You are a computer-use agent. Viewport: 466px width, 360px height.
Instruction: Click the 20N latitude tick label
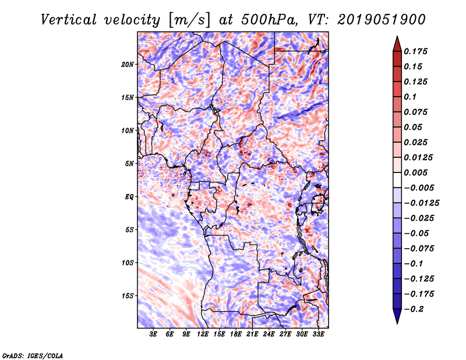pyautogui.click(x=128, y=64)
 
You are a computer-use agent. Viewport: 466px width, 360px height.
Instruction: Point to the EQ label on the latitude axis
pyautogui.click(x=130, y=197)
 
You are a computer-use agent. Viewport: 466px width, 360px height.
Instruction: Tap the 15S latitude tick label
pyautogui.click(x=128, y=296)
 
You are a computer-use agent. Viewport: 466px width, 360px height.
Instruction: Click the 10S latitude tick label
pyautogui.click(x=128, y=263)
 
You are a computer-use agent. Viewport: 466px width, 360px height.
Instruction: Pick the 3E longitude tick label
pyautogui.click(x=154, y=335)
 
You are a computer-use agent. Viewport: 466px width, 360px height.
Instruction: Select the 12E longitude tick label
pyautogui.click(x=203, y=335)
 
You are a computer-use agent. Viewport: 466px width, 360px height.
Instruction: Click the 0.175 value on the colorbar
pyautogui.click(x=416, y=51)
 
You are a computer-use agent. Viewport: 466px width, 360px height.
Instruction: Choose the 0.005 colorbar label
pyautogui.click(x=416, y=172)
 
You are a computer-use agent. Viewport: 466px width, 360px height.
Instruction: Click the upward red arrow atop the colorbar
pyautogui.click(x=396, y=43)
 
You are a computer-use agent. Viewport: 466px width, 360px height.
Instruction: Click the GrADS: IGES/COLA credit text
pyautogui.click(x=33, y=355)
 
